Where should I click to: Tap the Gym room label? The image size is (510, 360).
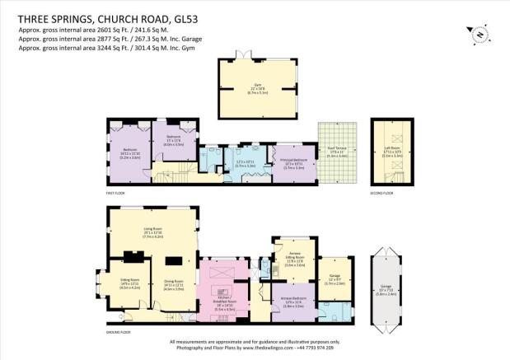pos(255,86)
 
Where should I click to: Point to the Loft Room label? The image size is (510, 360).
pos(387,152)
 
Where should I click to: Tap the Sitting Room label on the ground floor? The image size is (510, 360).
pos(130,285)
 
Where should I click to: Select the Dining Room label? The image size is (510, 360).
pos(173,285)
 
